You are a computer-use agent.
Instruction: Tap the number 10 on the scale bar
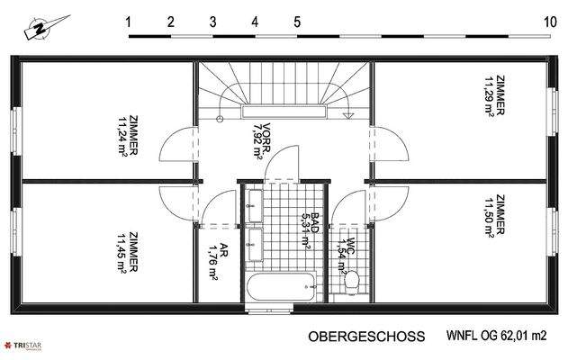[x=549, y=21]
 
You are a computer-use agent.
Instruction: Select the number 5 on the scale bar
[x=297, y=21]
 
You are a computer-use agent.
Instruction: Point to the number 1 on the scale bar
[x=130, y=21]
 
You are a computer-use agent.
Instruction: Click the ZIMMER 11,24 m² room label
[x=126, y=135]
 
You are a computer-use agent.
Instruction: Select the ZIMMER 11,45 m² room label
[x=126, y=252]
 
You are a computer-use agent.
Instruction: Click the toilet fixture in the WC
[x=352, y=281]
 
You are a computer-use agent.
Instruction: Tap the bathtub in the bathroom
[x=279, y=288]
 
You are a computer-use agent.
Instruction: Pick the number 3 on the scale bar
[x=212, y=21]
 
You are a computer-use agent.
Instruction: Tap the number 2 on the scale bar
[x=171, y=21]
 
